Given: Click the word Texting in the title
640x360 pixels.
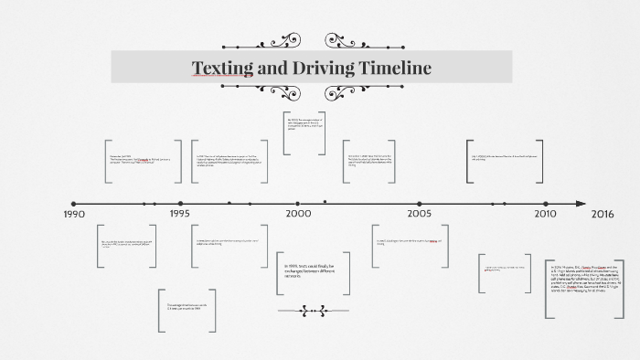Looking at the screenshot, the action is point(223,68).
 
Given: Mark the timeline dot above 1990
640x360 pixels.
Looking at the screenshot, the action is point(74,204).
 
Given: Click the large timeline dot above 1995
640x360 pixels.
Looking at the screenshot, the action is point(181,204).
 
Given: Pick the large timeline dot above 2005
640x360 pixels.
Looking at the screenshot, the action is point(420,204).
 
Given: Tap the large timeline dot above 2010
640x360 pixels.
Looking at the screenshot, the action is point(544,204).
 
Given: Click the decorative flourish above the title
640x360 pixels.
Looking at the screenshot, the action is point(312,41).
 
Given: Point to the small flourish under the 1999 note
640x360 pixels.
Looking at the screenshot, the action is point(314,312).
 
